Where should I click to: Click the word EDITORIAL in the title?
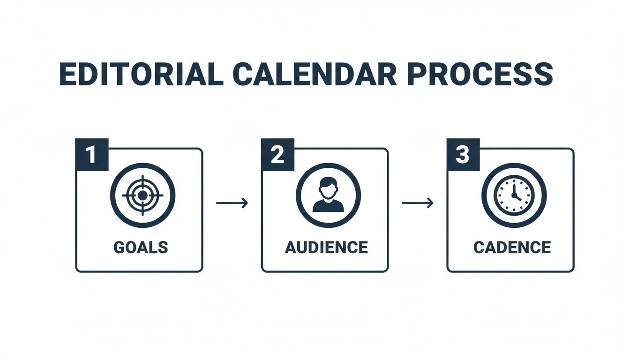[141, 74]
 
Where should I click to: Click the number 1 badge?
[92, 155]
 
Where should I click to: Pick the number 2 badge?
[277, 155]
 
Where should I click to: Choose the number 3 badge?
[463, 155]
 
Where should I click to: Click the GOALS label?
[140, 247]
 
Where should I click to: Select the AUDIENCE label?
[326, 247]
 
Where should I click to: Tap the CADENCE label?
[512, 247]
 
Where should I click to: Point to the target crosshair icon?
[142, 195]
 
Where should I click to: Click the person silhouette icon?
[328, 195]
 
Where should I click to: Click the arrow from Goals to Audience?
[232, 203]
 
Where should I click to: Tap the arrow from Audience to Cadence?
[417, 203]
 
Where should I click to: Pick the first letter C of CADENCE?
[479, 247]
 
